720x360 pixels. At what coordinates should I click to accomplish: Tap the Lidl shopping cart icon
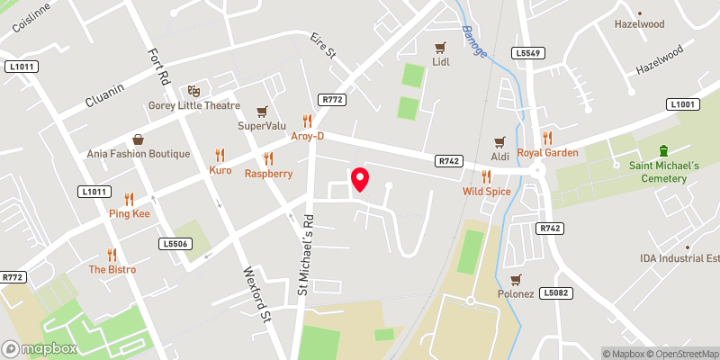(440, 48)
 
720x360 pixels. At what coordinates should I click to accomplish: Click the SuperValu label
(261, 125)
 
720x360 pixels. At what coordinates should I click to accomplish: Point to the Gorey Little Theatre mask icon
(193, 91)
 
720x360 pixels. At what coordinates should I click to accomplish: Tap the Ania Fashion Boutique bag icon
(139, 139)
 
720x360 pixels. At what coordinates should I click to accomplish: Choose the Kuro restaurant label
(220, 170)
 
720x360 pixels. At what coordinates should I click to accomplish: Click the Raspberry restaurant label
(268, 174)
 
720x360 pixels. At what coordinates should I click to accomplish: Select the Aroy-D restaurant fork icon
(307, 120)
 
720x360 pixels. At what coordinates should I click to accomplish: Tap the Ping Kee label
(129, 213)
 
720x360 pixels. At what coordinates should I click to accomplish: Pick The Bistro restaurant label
(112, 269)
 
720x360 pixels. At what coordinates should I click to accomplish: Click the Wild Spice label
(487, 192)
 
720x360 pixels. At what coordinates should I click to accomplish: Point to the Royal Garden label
(547, 152)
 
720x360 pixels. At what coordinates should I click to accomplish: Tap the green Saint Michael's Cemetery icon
(664, 150)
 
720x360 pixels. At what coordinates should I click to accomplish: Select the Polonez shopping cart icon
(516, 280)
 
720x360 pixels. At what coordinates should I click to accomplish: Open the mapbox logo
(40, 348)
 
